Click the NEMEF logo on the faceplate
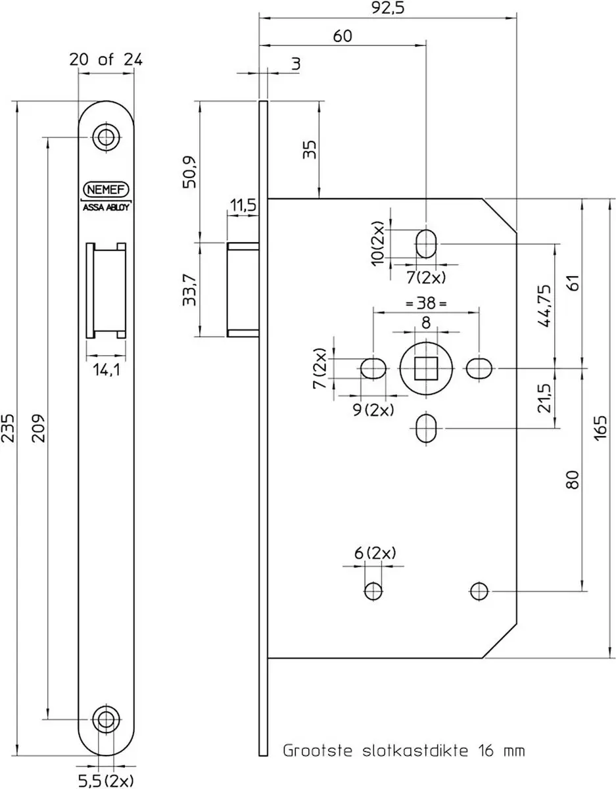[106, 189]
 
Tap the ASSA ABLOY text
[106, 207]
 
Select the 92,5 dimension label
[388, 8]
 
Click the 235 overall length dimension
[8, 428]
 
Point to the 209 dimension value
[38, 428]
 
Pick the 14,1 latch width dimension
[106, 370]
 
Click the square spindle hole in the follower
[426, 368]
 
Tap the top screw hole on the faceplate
[106, 137]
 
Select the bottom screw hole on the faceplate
[106, 719]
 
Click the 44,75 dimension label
[544, 306]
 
